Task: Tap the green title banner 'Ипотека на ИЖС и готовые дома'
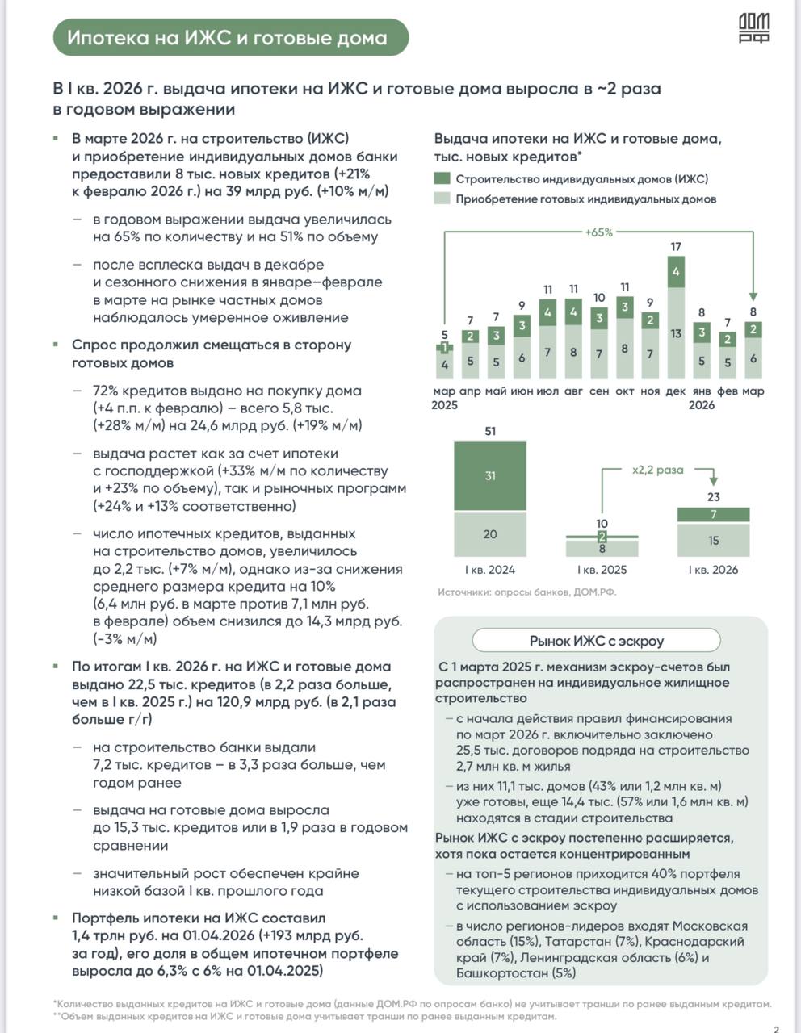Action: coord(227,38)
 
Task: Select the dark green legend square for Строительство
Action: coord(442,178)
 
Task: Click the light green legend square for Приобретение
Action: coord(442,199)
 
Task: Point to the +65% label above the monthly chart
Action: coord(598,232)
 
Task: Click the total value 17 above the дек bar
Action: coord(676,247)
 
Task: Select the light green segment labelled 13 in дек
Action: coord(676,332)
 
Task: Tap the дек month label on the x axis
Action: coord(676,391)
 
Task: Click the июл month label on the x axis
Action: coord(547,391)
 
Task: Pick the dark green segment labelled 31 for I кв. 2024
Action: coord(490,476)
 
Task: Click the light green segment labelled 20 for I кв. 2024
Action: coord(490,534)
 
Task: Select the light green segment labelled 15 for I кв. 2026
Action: coord(713,540)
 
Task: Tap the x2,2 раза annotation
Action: coord(657,470)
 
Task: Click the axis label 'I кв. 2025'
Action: coord(602,569)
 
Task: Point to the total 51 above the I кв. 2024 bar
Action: coord(490,431)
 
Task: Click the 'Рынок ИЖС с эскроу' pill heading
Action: coord(596,641)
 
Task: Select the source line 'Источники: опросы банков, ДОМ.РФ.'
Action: coord(526,592)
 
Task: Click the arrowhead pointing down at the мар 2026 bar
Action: coord(753,296)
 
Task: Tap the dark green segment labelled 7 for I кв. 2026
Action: coord(713,514)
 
